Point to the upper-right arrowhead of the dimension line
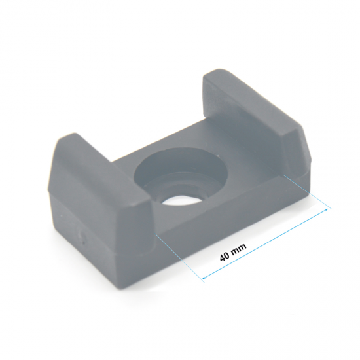pos(326,210)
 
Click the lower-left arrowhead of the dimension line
pos(204,278)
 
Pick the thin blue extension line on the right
pos(308,192)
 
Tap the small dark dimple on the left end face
pos(84,242)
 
